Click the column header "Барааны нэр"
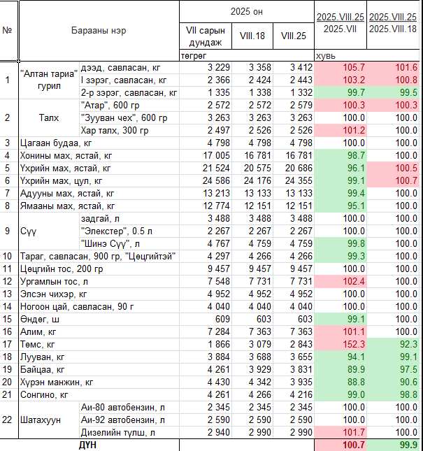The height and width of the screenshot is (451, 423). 99,31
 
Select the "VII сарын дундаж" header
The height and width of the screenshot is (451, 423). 206,36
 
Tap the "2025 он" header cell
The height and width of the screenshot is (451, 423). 246,11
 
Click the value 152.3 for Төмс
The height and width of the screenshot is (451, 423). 353,344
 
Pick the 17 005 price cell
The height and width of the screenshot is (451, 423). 216,156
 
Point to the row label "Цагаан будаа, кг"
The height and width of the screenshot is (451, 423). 56,143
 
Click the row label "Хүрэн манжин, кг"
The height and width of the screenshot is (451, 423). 57,382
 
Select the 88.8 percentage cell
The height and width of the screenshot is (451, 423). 356,382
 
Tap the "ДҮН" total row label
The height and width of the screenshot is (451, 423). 87,445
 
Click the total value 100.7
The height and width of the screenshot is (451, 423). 353,445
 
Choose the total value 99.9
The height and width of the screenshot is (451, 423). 408,445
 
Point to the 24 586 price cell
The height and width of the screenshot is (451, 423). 216,180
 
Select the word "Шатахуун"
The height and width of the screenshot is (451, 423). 41,420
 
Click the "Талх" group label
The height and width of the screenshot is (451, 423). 49,118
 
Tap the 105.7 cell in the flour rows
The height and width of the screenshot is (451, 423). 353,67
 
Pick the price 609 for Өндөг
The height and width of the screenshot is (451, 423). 222,320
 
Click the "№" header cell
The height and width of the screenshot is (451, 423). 7,31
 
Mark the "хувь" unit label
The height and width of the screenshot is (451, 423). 326,56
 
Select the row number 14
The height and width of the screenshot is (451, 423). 7,307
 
